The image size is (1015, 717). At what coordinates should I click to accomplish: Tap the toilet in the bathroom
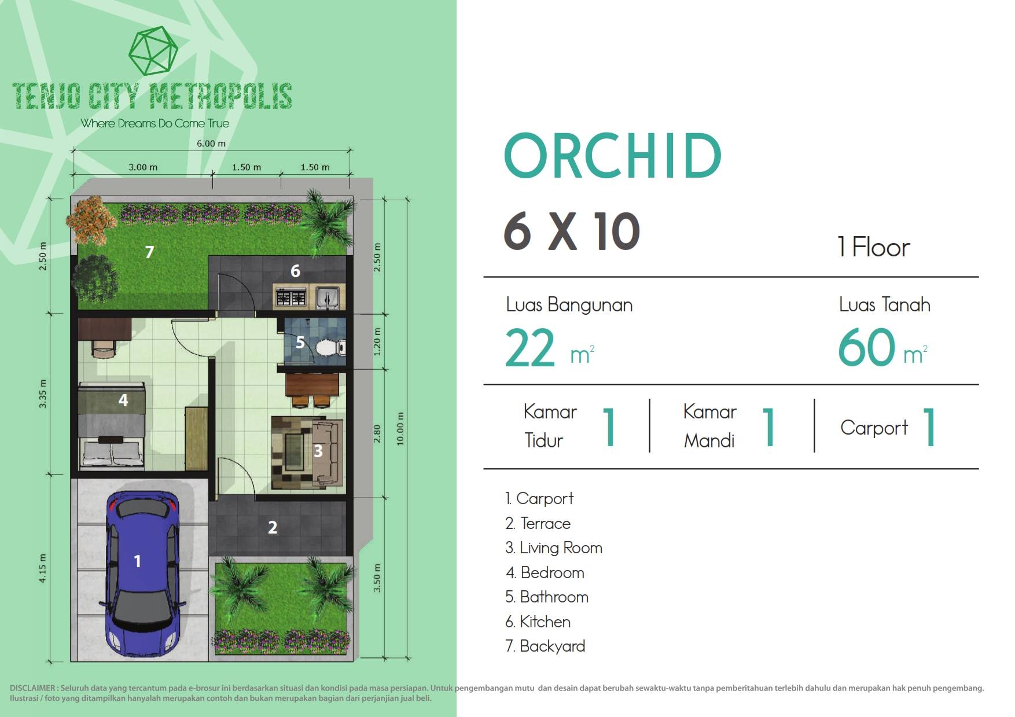[x=330, y=348]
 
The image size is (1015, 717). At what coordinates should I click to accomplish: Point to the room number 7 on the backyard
[x=149, y=252]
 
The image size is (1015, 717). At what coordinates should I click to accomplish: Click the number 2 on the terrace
[x=273, y=527]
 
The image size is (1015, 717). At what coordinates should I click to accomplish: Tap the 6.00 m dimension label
[x=211, y=144]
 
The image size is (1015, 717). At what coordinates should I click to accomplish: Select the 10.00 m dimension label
[x=400, y=429]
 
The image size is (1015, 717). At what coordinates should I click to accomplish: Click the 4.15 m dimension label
[x=43, y=568]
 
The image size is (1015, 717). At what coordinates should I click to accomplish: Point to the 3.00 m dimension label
[x=143, y=167]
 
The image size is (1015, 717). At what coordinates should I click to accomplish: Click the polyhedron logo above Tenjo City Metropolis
[x=153, y=50]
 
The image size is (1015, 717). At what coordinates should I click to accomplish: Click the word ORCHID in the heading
[x=613, y=156]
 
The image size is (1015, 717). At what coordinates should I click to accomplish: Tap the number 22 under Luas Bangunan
[x=529, y=348]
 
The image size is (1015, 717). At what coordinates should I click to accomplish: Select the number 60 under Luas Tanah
[x=866, y=347]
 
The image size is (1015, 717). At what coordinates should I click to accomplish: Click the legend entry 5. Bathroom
[x=547, y=597]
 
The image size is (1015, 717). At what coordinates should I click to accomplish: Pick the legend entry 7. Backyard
[x=545, y=646]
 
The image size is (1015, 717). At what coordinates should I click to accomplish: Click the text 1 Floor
[x=874, y=247]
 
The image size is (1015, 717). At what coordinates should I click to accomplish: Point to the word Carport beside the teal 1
[x=874, y=428]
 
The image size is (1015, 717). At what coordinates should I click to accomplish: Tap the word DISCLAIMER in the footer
[x=32, y=688]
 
